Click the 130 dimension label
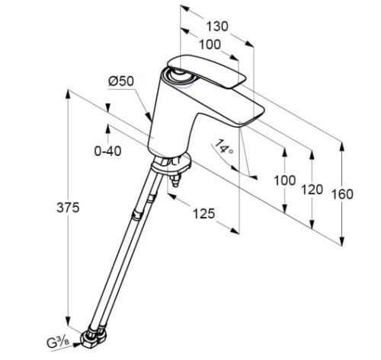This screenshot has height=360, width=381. coord(217,26)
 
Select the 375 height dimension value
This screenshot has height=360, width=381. coord(68,208)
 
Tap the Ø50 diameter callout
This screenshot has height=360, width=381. coord(120,81)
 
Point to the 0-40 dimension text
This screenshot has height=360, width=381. coord(107,151)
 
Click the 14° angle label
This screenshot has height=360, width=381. coord(224,147)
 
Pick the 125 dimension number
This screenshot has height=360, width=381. coord(204,214)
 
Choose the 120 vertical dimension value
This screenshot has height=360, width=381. coord(312,190)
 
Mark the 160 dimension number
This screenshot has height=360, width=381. coord(342,194)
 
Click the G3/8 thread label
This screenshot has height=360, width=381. coord(58,342)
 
